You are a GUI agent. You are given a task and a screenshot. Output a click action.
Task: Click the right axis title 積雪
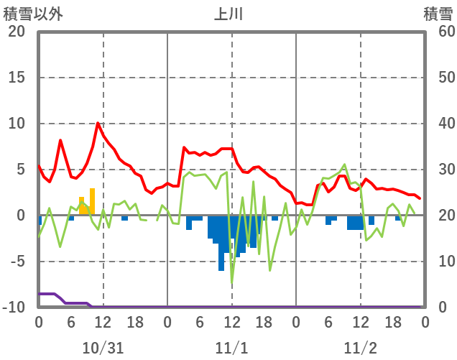pos(438,13)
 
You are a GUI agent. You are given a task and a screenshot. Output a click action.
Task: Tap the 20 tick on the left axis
pos(17,32)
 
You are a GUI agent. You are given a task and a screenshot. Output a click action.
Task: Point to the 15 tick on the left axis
pos(17,78)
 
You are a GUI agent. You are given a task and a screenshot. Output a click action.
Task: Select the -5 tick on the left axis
pos(17,262)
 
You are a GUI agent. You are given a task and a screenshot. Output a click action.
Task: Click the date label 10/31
pos(103,348)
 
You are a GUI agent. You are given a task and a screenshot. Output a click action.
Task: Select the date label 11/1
pos(231,348)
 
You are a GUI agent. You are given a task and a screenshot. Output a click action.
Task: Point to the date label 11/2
pos(360,348)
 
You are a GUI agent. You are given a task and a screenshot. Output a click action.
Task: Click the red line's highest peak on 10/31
pos(98,123)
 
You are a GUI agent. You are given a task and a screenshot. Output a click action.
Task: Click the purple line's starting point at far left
pos(40,294)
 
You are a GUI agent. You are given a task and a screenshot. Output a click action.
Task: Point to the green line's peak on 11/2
pos(345,165)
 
